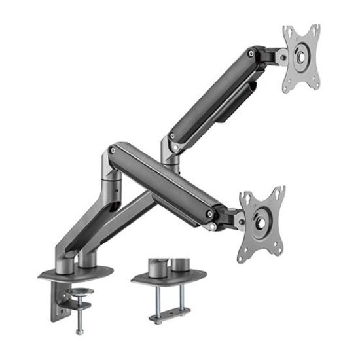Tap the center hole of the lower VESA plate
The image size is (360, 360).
[263, 221]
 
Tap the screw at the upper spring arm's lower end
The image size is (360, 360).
[171, 137]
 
